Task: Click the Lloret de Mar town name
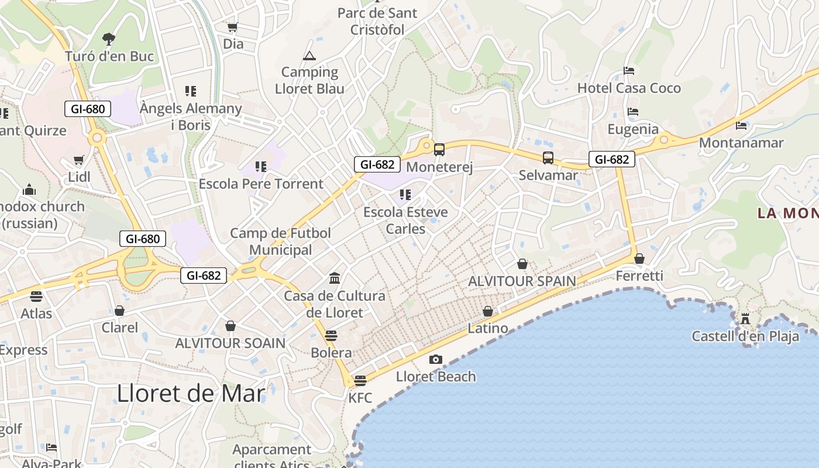click(191, 393)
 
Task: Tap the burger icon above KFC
click(360, 380)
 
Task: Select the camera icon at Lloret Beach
click(435, 359)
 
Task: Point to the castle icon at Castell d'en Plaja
click(745, 319)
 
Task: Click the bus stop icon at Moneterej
click(439, 150)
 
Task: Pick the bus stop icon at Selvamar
click(548, 157)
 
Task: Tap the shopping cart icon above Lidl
click(79, 160)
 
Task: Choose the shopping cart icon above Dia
click(233, 27)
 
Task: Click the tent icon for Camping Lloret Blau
click(309, 56)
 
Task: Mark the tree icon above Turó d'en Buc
click(108, 39)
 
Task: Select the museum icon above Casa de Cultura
click(335, 277)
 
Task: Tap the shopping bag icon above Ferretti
click(639, 259)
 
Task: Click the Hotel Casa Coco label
click(629, 88)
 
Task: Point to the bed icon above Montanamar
click(741, 125)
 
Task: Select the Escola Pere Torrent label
click(261, 184)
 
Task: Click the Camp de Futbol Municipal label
click(280, 241)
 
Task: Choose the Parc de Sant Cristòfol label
click(377, 21)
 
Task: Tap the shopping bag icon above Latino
click(487, 311)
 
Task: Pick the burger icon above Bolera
click(331, 335)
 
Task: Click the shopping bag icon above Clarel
click(119, 310)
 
